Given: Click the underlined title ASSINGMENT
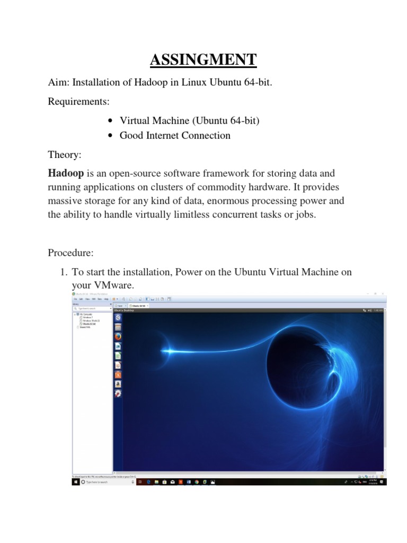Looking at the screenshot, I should coord(203,59).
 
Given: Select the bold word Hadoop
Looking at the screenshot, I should coord(66,173).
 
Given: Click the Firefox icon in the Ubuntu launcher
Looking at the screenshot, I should coord(118,335).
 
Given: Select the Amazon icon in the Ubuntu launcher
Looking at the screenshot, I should coord(118,384).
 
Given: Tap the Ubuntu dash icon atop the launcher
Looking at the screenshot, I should coord(118,317).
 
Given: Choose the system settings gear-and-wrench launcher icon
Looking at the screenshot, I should coord(118,393).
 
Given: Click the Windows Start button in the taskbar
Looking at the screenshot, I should coord(75,482).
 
